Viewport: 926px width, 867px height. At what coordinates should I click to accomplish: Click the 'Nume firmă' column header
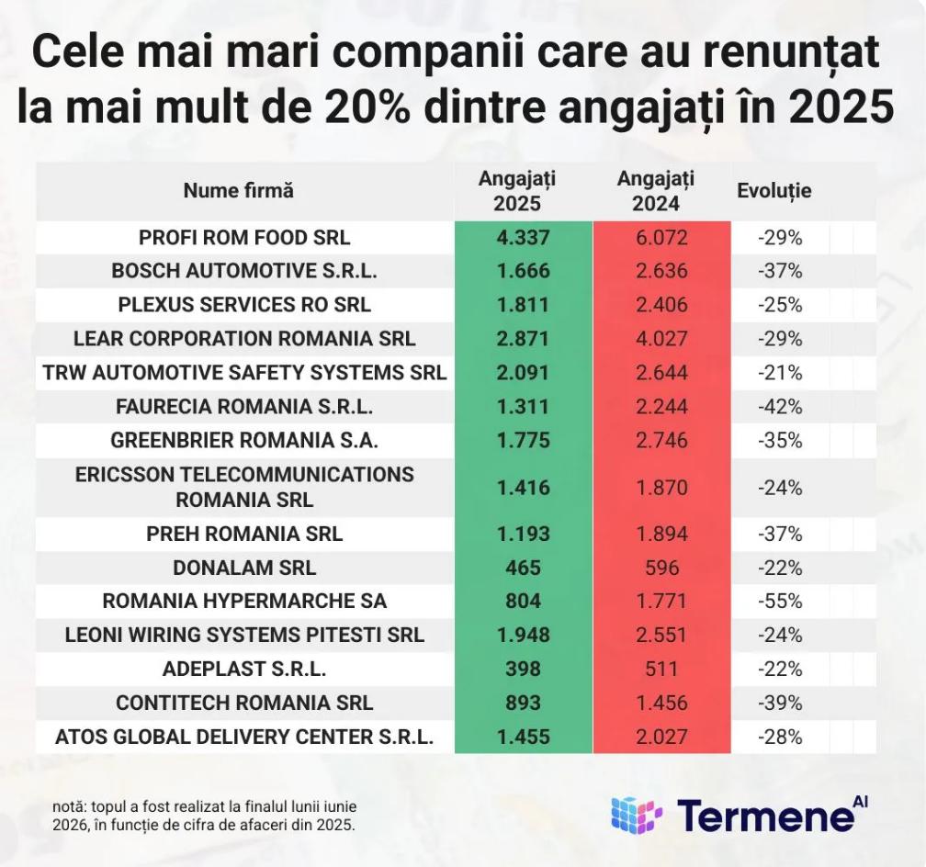(x=238, y=190)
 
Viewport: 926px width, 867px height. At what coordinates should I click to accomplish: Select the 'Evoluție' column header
(x=774, y=191)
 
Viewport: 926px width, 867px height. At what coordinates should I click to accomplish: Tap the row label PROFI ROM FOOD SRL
(x=244, y=238)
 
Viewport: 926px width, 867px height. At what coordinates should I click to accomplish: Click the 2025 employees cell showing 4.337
(x=524, y=238)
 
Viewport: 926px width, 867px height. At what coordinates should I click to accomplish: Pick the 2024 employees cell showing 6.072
(x=661, y=238)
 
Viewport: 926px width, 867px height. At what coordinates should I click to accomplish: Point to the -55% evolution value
(x=780, y=602)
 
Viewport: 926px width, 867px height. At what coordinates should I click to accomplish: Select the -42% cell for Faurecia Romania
(x=780, y=407)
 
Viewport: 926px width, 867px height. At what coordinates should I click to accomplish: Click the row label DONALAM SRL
(x=244, y=568)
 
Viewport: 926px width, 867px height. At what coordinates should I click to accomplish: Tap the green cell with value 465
(x=524, y=568)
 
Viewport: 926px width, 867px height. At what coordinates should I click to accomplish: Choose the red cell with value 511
(x=661, y=669)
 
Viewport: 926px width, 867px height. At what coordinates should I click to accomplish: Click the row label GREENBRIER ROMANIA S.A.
(x=244, y=441)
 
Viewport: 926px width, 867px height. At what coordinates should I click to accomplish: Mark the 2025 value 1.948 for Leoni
(x=524, y=635)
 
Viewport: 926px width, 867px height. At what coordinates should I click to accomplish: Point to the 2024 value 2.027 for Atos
(x=661, y=738)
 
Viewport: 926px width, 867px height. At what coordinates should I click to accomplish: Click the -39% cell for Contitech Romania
(x=780, y=703)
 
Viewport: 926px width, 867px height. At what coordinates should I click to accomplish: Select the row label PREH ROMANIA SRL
(x=244, y=534)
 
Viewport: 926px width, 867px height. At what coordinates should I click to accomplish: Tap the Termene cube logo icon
(x=637, y=815)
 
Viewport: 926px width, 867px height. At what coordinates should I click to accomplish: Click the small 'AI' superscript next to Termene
(x=861, y=802)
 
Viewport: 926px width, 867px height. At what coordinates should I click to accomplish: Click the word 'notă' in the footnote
(x=69, y=806)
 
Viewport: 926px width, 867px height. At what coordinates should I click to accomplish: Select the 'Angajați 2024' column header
(x=656, y=191)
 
